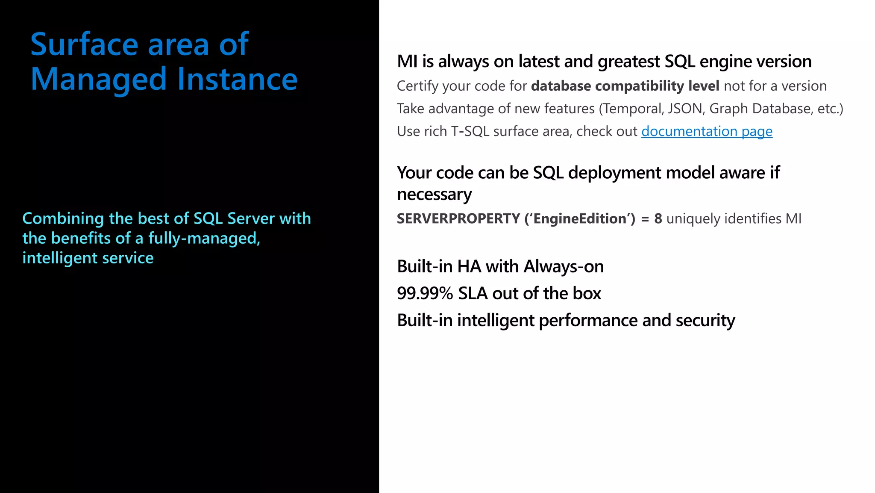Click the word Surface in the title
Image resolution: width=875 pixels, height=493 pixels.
tap(84, 44)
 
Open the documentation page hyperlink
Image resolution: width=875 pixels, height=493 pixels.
tap(707, 131)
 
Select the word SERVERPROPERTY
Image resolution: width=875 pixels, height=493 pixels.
tap(458, 219)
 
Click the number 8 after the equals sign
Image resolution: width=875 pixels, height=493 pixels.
tap(658, 219)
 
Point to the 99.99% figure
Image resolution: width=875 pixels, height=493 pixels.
tap(425, 294)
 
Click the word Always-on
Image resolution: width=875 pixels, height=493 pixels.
tap(564, 267)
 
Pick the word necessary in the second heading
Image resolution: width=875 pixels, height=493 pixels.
tap(434, 195)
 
